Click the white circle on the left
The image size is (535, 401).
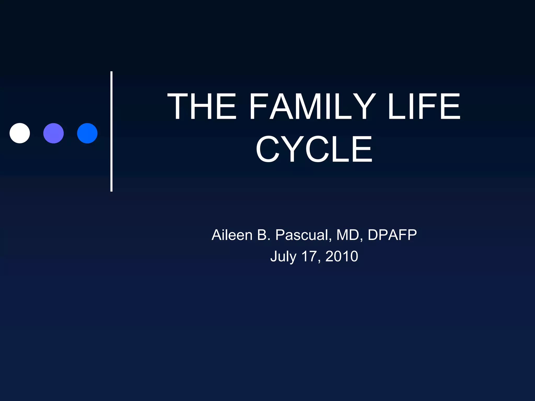[x=20, y=133]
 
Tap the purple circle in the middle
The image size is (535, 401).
[x=54, y=133]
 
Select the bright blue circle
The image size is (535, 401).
[x=87, y=133]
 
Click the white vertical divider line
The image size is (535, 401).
[x=112, y=131]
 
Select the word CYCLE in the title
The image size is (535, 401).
[x=314, y=149]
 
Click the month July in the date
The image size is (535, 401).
[x=283, y=256]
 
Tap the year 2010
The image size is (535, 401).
[x=342, y=256]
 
